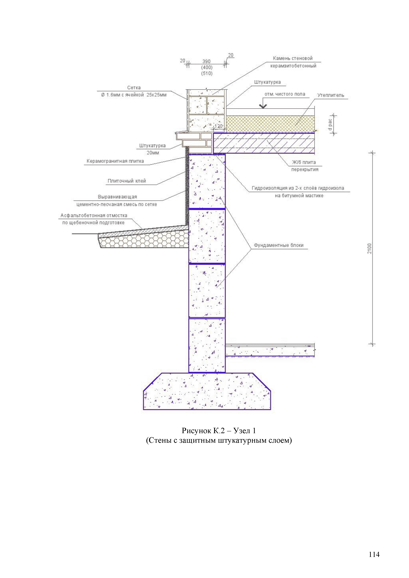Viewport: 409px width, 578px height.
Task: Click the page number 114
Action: pos(374,554)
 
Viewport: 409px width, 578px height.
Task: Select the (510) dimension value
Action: pos(207,73)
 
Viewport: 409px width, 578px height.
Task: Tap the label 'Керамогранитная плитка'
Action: pos(115,161)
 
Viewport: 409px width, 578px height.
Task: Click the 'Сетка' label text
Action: pos(134,88)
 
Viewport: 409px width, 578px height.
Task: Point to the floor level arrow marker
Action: pos(263,106)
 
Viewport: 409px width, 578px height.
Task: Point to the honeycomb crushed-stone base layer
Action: pos(144,241)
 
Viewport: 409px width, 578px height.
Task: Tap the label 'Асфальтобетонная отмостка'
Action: pos(94,216)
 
